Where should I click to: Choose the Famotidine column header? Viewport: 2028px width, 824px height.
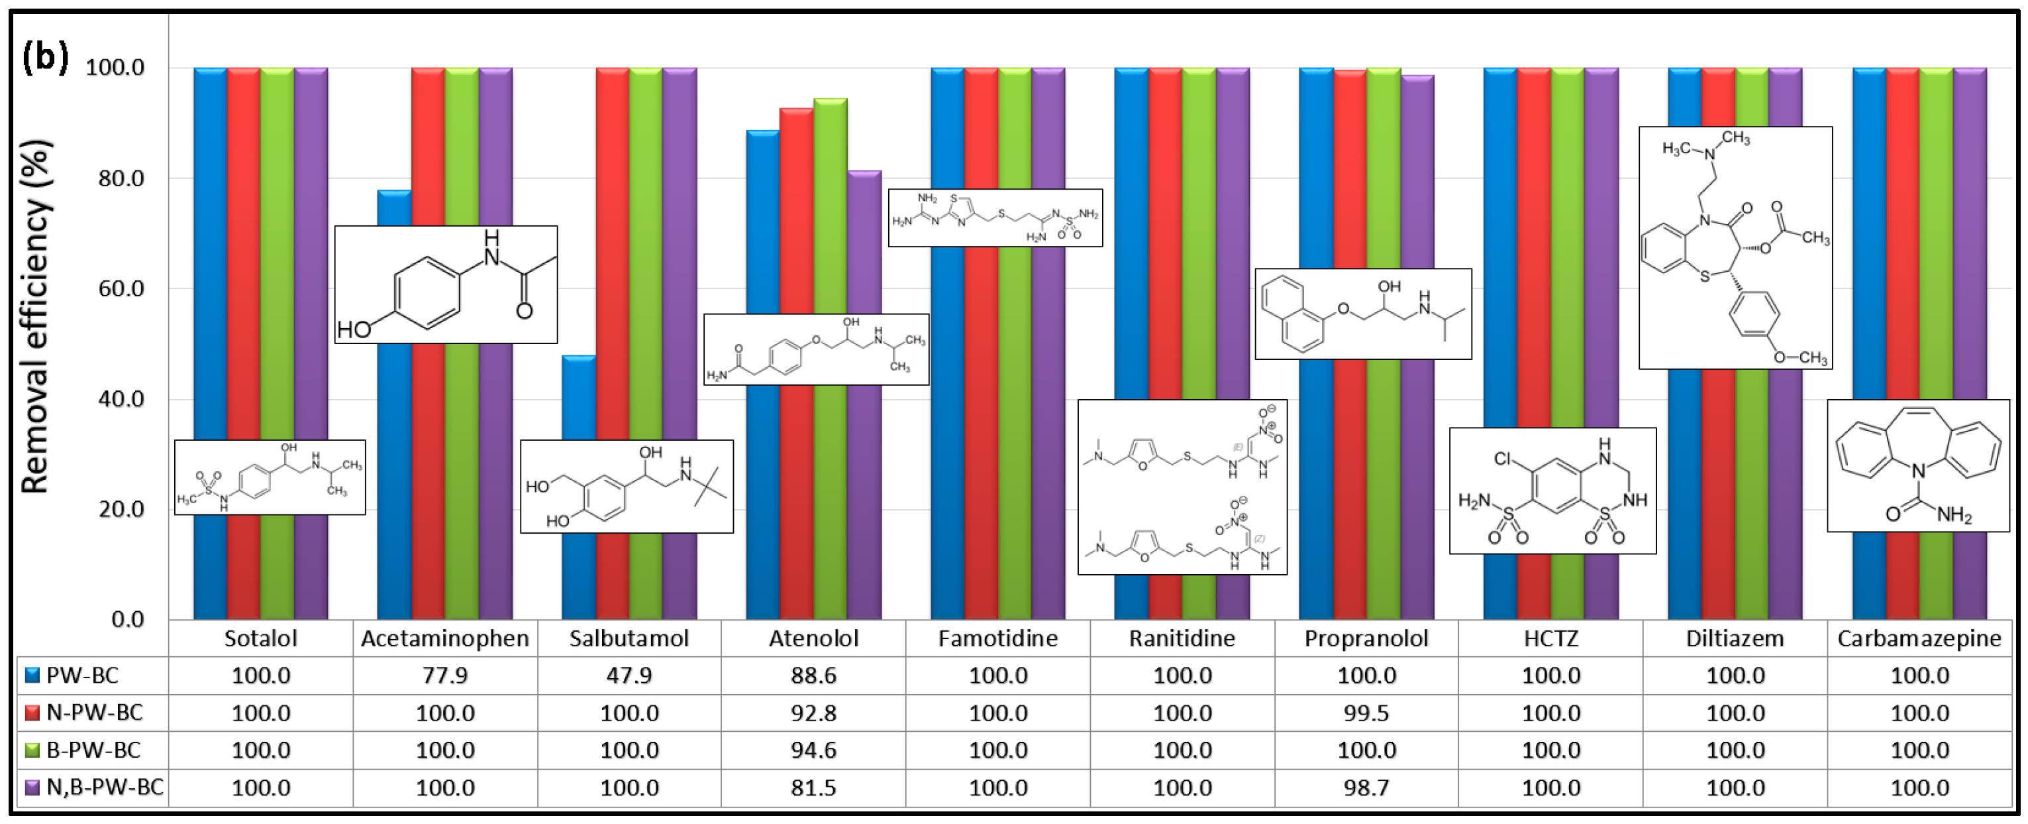coord(997,638)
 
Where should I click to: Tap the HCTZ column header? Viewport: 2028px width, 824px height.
coord(1550,638)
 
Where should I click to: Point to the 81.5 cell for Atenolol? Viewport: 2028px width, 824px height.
coord(813,787)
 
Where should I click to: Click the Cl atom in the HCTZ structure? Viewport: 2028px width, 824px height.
coord(1502,459)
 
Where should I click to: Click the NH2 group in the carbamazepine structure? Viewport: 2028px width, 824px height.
coord(1954,515)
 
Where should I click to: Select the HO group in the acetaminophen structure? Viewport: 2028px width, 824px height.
coord(354,329)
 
